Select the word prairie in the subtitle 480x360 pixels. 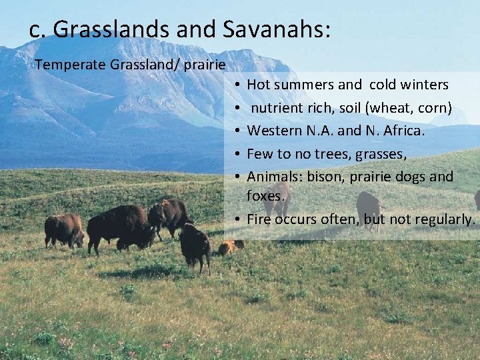[205, 65]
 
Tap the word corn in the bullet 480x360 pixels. [435, 107]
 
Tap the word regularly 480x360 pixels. [445, 219]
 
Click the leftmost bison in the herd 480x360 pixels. [64, 229]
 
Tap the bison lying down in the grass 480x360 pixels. [229, 247]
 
